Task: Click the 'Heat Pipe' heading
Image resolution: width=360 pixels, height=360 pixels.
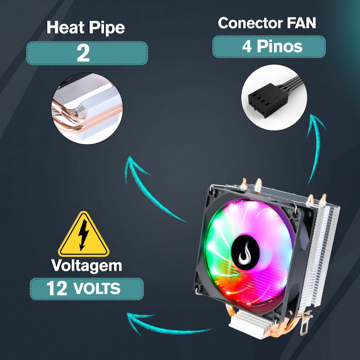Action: click(85, 28)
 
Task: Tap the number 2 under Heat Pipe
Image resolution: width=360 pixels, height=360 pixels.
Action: click(83, 53)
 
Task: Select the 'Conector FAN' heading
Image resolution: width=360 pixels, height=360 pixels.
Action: click(266, 23)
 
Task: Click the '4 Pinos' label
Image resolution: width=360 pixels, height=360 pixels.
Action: click(272, 47)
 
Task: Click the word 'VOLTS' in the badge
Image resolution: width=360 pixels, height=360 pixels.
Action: click(97, 289)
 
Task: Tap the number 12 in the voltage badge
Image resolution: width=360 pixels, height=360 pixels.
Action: click(57, 289)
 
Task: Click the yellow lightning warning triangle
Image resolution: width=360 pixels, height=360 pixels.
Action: click(84, 234)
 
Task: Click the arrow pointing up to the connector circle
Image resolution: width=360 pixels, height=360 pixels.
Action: click(314, 148)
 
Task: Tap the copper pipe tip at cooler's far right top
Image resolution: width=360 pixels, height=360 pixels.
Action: click(323, 199)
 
